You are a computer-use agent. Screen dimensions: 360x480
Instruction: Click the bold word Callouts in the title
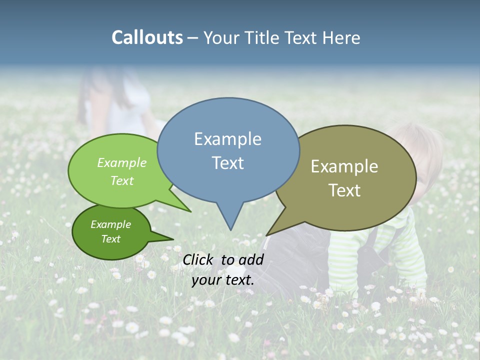147,37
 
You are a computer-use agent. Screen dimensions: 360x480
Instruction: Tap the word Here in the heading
342,37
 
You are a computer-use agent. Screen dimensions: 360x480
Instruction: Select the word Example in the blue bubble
227,139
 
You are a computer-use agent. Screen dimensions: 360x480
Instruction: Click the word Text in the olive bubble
344,190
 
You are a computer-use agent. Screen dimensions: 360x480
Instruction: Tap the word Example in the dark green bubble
110,224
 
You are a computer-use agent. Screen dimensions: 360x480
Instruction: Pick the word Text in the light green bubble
121,180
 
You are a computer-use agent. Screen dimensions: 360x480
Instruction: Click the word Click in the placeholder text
198,259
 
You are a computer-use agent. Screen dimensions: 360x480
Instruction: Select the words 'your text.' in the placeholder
223,280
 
